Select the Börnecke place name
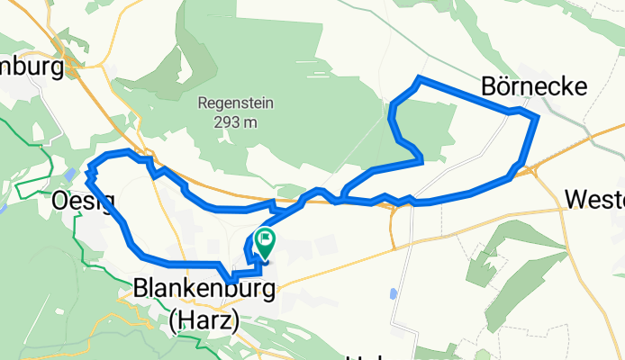535,86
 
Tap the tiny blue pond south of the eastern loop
394,294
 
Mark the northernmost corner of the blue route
417,80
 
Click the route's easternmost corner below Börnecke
537,117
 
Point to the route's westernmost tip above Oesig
88,167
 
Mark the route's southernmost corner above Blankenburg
231,280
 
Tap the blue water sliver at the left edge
3,207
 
